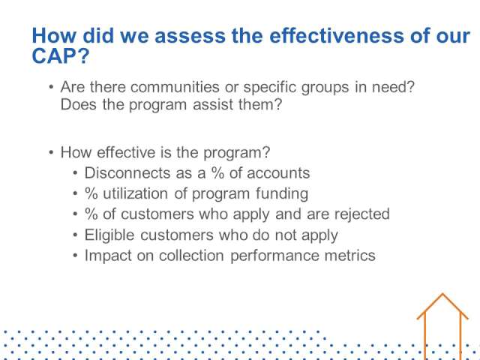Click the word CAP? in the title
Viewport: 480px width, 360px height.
(61, 56)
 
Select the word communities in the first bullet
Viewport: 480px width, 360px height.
(175, 87)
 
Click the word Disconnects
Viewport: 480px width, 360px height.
(127, 173)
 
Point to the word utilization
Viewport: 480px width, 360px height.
(135, 193)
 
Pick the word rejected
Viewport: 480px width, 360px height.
(362, 214)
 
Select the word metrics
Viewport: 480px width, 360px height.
(350, 256)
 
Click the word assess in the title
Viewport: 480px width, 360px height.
(190, 36)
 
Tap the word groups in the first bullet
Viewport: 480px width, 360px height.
(325, 88)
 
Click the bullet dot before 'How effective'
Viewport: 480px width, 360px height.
(51, 152)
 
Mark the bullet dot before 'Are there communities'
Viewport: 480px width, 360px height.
(51, 88)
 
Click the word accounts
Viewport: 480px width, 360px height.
(278, 173)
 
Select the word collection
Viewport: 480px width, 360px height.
(191, 256)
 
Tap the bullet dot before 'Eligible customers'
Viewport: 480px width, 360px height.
(76, 235)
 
